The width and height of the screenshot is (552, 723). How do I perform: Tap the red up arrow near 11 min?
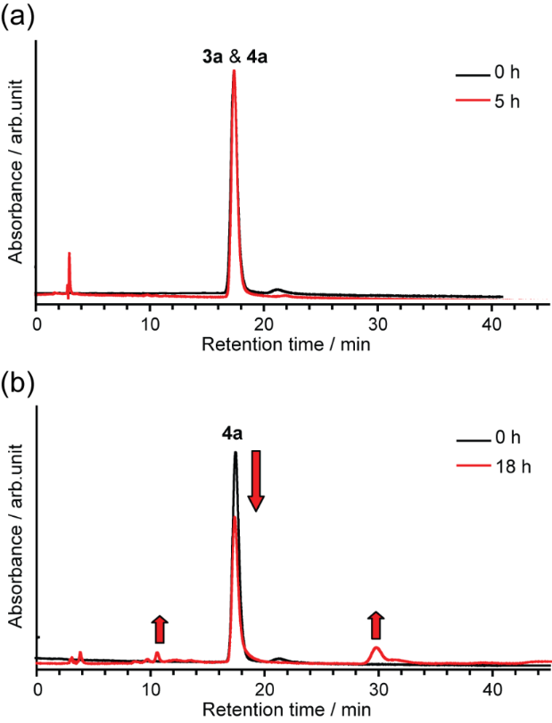159,629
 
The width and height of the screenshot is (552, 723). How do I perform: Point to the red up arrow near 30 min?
375,625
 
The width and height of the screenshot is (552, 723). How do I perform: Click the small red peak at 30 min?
376,650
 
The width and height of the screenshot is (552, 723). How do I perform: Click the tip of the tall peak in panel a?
234,71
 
